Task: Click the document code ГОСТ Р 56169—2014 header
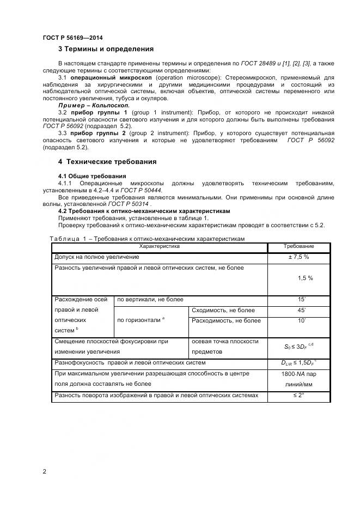pyautogui.click(x=72, y=38)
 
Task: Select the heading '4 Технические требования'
pyautogui.click(x=107, y=161)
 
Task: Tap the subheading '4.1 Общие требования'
pyautogui.click(x=92, y=176)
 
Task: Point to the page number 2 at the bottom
pyautogui.click(x=45, y=471)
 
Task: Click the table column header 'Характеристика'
pyautogui.click(x=159, y=247)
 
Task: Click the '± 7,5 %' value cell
pyautogui.click(x=299, y=257)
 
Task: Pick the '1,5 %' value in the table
pyautogui.click(x=305, y=278)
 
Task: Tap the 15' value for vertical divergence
pyautogui.click(x=301, y=300)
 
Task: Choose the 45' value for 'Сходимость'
pyautogui.click(x=301, y=311)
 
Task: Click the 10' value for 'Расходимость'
pyautogui.click(x=301, y=320)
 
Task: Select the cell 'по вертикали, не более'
pyautogui.click(x=150, y=300)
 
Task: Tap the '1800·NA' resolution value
pyautogui.click(x=294, y=374)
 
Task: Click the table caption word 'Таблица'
pyautogui.click(x=65, y=239)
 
